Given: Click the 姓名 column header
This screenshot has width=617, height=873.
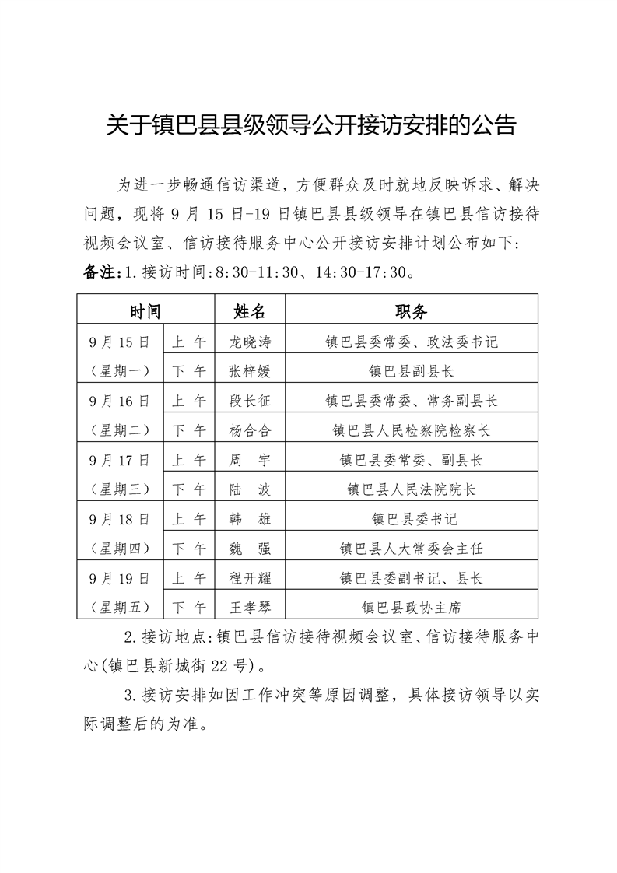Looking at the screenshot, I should [250, 311].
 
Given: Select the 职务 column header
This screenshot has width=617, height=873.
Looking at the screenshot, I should [411, 311].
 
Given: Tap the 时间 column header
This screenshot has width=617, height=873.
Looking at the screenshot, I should [145, 311].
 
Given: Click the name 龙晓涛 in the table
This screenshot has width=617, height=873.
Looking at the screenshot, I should [250, 341].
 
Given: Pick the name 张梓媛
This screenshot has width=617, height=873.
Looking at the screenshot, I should [250, 370].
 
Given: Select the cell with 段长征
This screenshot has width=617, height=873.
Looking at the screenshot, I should [250, 400].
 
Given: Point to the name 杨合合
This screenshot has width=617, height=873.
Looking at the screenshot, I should [250, 429].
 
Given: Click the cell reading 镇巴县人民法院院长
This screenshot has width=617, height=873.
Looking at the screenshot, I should [411, 489].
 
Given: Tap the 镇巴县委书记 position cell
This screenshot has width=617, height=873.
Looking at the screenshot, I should [411, 518].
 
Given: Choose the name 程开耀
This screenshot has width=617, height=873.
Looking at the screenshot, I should [250, 577].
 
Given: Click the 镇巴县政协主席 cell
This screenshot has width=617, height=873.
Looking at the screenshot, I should [411, 607].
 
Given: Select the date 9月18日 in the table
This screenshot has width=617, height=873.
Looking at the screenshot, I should [119, 518].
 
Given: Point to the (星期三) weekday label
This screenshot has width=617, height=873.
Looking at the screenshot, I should [119, 489].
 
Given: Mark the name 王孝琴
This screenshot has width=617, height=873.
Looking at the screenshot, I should [250, 607].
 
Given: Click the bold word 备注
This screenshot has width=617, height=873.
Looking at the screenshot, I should [98, 274].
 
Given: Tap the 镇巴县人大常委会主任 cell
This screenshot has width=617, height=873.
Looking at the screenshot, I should [411, 548].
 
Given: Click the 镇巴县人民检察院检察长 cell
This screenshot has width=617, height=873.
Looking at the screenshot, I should [411, 429].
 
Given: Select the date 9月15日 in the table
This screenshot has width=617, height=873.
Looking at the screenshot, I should [119, 341].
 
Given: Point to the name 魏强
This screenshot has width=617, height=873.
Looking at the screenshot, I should [250, 548].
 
